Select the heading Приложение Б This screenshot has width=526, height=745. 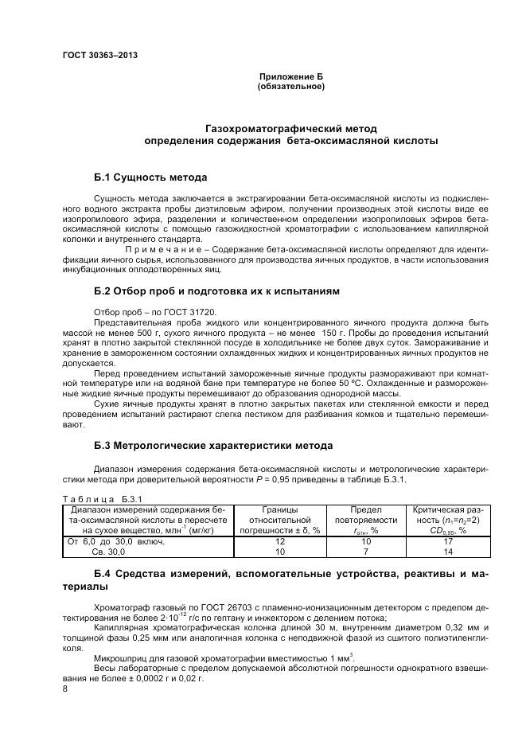290,76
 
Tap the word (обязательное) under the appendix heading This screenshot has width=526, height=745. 290,86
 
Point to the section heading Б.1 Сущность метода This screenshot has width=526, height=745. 150,177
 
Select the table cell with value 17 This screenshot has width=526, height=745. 448,541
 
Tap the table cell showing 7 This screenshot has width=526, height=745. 364,552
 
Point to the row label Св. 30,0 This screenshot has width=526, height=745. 109,552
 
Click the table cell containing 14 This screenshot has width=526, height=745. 448,552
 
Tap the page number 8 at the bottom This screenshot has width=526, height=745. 65,689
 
